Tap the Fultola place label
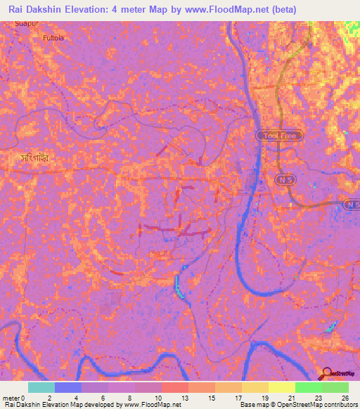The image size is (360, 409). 53,37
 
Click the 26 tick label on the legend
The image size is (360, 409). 345,398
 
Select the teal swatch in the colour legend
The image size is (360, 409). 41,387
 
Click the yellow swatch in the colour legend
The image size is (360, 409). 281,387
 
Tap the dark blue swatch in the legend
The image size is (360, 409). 67,387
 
